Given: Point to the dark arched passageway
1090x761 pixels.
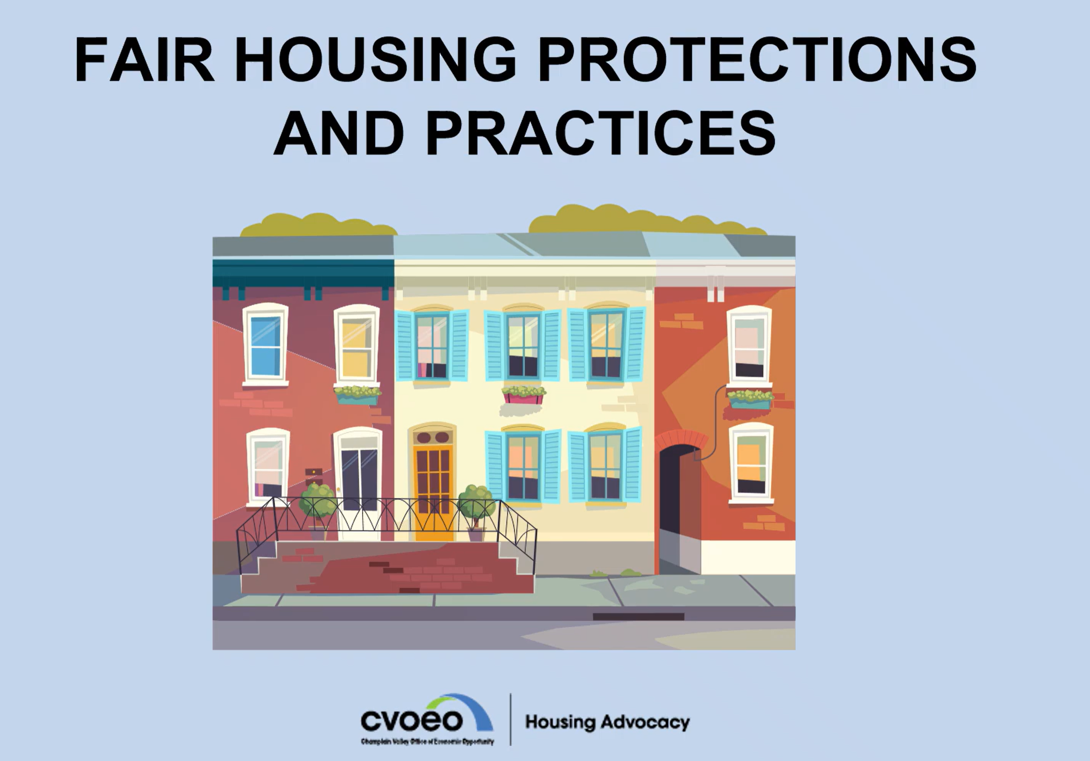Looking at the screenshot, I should click(x=679, y=508).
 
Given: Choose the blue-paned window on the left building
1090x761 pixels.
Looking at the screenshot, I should click(x=265, y=346).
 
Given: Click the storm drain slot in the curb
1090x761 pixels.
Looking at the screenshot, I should click(x=638, y=617).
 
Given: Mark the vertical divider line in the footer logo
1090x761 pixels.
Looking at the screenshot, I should click(x=510, y=719).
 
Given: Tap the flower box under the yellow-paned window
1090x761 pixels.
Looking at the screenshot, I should click(x=357, y=396).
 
